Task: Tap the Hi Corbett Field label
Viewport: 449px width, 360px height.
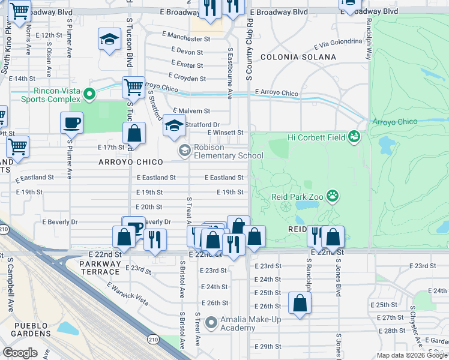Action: tap(316, 137)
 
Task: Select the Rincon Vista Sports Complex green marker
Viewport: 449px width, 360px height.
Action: tap(89, 94)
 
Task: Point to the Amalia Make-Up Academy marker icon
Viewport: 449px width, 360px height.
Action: tap(211, 323)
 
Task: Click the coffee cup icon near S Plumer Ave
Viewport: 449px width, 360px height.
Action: tap(71, 123)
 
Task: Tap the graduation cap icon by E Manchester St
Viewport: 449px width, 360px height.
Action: tap(109, 40)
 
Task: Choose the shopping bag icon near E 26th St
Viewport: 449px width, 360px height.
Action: tap(300, 304)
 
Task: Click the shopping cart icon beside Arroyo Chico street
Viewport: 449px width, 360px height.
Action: tap(133, 87)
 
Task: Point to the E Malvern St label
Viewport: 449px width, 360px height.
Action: tap(191, 111)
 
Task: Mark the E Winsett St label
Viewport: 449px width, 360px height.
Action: tap(225, 133)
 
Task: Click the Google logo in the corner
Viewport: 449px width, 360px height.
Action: tap(20, 352)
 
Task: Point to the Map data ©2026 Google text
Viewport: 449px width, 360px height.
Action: tap(411, 355)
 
